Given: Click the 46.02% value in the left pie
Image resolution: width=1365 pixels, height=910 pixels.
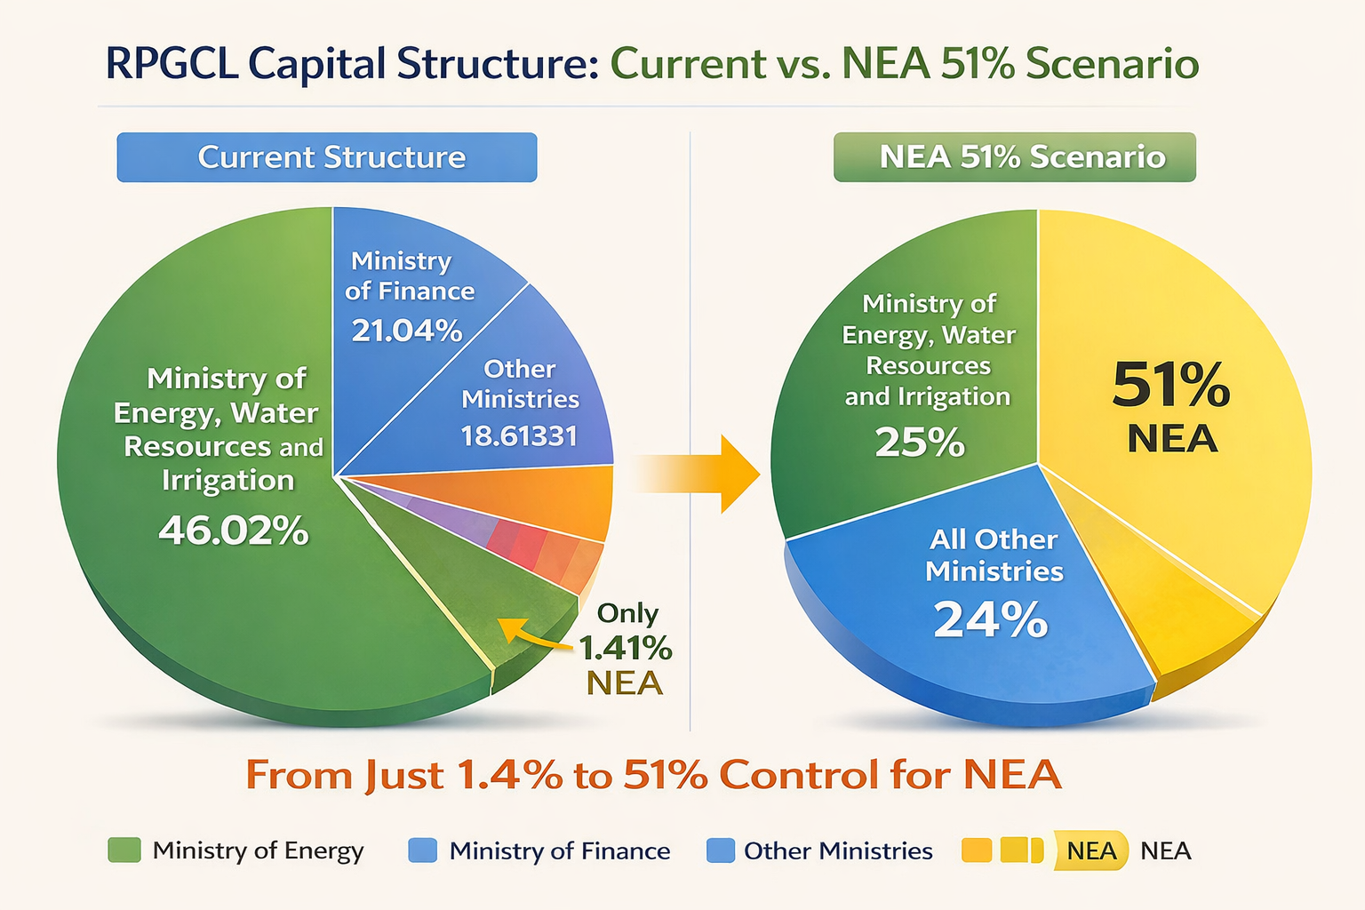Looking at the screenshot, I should click(x=234, y=531).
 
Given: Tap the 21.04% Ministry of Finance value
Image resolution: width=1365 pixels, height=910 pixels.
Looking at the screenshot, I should click(x=407, y=331).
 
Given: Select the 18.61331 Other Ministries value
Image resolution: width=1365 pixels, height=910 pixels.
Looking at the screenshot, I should click(x=519, y=435).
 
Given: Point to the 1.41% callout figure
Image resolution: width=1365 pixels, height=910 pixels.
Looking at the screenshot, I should click(x=626, y=648).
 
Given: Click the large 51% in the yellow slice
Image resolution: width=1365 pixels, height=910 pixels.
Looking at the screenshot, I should click(x=1171, y=385).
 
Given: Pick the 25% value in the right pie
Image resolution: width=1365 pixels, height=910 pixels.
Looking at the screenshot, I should click(x=920, y=442).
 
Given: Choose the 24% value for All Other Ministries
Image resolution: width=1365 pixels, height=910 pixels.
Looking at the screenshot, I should click(x=991, y=619).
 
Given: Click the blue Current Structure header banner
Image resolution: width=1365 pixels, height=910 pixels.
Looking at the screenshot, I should click(x=327, y=157).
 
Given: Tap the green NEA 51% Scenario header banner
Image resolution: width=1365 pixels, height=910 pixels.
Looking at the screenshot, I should click(x=1014, y=157).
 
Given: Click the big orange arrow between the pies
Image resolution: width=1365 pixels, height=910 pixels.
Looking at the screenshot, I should click(x=711, y=474).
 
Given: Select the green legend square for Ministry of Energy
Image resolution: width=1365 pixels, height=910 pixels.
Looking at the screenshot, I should click(x=124, y=850).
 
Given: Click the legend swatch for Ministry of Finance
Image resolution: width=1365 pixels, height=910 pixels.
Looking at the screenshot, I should click(x=422, y=850).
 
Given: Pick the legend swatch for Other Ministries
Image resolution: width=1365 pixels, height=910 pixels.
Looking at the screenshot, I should click(x=721, y=850).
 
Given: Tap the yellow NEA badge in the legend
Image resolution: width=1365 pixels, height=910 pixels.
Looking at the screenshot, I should click(x=1090, y=850).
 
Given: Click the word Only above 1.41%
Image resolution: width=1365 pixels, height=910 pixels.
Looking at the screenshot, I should click(x=627, y=613).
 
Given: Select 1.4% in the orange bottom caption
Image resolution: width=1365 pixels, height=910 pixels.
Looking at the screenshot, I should click(x=509, y=775).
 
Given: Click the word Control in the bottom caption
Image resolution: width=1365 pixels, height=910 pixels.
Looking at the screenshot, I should click(x=797, y=775).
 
